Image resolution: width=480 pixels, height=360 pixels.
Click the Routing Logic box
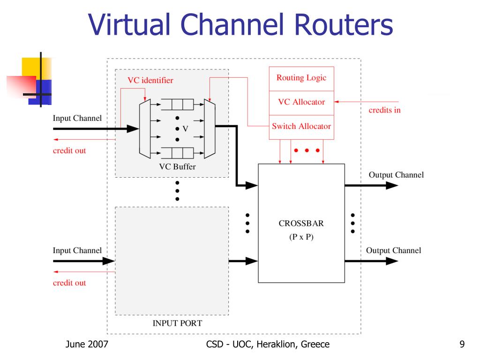(x=301, y=78)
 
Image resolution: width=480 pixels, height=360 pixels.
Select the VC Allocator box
(x=301, y=102)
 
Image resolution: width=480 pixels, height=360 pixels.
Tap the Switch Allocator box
(x=301, y=127)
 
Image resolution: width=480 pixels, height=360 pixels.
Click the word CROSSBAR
(x=301, y=224)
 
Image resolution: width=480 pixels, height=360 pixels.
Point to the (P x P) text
(x=301, y=237)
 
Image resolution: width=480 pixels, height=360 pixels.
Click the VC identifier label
(x=150, y=81)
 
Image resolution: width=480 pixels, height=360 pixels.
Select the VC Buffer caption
(x=178, y=167)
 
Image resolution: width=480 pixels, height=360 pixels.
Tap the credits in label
(x=385, y=111)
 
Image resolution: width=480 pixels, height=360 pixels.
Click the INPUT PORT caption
(x=178, y=323)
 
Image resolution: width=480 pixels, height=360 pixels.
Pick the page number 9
(x=462, y=345)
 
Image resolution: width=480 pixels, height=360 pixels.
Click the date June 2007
(x=87, y=345)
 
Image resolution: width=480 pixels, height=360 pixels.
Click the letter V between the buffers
(x=185, y=129)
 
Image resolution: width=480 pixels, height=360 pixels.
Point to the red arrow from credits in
(x=366, y=102)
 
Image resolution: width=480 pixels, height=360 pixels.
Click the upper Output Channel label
(x=396, y=175)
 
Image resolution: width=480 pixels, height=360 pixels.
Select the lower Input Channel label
(x=77, y=251)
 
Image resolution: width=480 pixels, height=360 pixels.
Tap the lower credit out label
(x=69, y=283)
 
